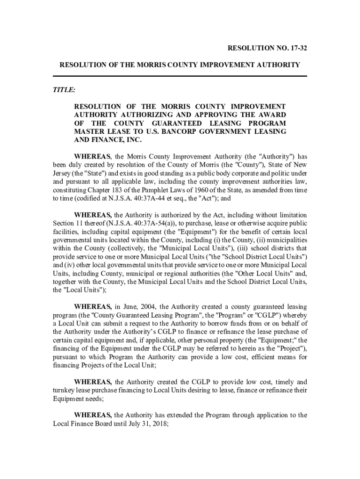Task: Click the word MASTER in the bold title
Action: pos(87,132)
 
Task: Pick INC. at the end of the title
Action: pos(131,140)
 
